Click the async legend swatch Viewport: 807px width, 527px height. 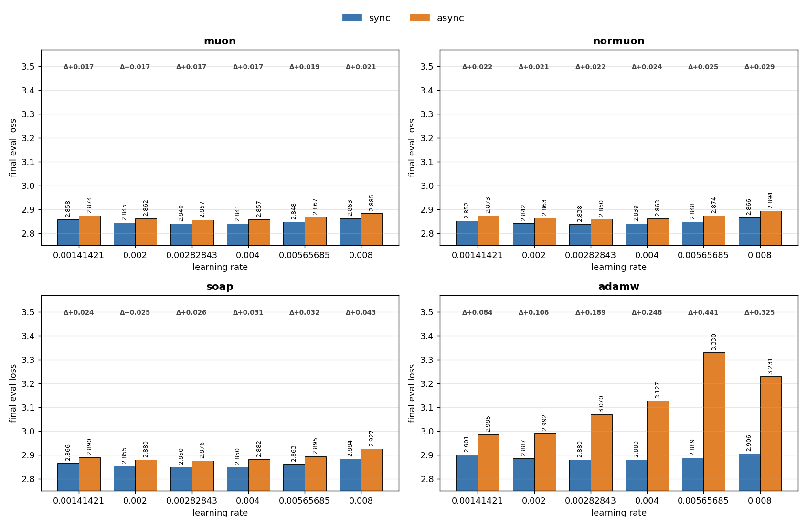419,18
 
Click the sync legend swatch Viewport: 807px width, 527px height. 352,18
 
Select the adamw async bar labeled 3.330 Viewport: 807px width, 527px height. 714,422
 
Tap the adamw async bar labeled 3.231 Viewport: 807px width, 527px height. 771,434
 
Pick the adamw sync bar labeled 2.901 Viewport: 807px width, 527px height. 467,473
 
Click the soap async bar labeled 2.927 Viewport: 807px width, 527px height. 372,470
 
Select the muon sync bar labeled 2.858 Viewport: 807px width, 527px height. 68,232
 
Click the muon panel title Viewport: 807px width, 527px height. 220,41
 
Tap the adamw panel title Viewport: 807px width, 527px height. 618,287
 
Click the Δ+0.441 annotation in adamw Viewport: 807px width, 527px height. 703,312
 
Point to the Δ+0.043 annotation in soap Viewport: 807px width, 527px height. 361,312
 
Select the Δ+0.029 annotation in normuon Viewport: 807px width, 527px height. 759,67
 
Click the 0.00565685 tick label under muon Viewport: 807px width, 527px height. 305,255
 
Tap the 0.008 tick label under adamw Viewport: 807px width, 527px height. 759,501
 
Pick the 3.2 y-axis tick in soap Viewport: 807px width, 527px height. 29,384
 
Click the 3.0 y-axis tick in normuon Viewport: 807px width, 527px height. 427,186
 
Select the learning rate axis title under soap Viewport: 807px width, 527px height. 220,513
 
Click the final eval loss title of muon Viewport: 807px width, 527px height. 13,148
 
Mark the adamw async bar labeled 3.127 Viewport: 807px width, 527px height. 658,446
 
